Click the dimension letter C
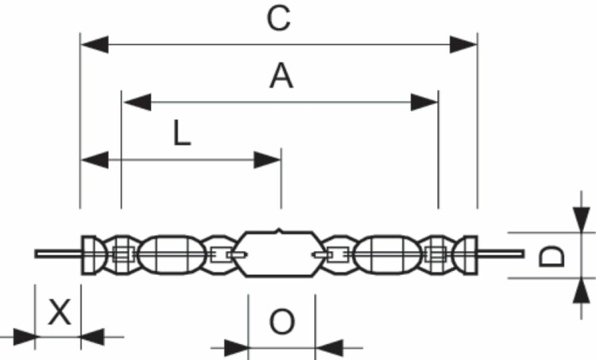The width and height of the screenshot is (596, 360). point(279,18)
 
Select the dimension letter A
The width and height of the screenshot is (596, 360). point(281,76)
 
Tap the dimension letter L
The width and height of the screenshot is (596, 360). point(182,133)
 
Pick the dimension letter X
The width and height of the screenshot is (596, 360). point(60,312)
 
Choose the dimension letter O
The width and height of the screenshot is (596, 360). point(281,322)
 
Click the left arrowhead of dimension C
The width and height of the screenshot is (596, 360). point(95,45)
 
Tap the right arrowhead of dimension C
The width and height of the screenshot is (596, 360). point(463,45)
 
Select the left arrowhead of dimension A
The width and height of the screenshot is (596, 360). point(137,103)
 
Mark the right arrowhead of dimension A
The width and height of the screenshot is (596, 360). point(424,103)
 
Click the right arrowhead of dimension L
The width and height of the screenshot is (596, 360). point(267,160)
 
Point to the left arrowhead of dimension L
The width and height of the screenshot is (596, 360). point(95,160)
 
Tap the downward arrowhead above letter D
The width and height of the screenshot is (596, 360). point(581,219)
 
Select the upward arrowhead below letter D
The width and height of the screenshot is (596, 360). point(581,291)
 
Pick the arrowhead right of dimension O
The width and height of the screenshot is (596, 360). point(329,347)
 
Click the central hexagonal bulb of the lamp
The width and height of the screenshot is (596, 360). point(281,254)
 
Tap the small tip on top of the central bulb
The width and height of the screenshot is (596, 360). point(280,230)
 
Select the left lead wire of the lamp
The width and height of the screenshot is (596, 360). point(58,254)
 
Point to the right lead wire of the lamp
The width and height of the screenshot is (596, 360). point(501,254)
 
